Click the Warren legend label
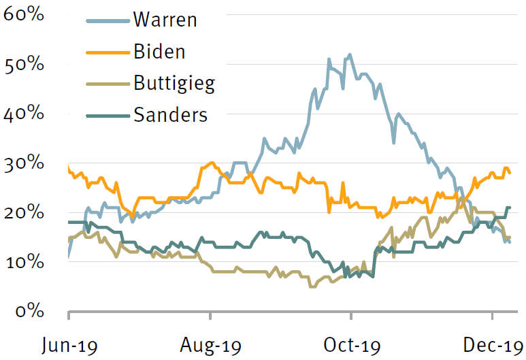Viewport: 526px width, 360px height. (165, 19)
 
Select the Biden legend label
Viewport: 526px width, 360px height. (160, 52)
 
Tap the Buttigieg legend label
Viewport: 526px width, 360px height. (174, 84)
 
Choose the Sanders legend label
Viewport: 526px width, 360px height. (170, 114)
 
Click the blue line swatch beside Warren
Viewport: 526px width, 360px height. (108, 20)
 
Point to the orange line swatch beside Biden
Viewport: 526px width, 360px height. (108, 52)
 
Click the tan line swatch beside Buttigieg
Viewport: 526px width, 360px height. (108, 84)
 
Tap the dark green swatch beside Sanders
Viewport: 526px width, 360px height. (108, 115)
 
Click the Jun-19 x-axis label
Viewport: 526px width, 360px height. (69, 346)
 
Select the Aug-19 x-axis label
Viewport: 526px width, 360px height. (210, 346)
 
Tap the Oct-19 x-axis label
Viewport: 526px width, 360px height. (351, 346)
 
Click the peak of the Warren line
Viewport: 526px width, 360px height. (350, 54)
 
